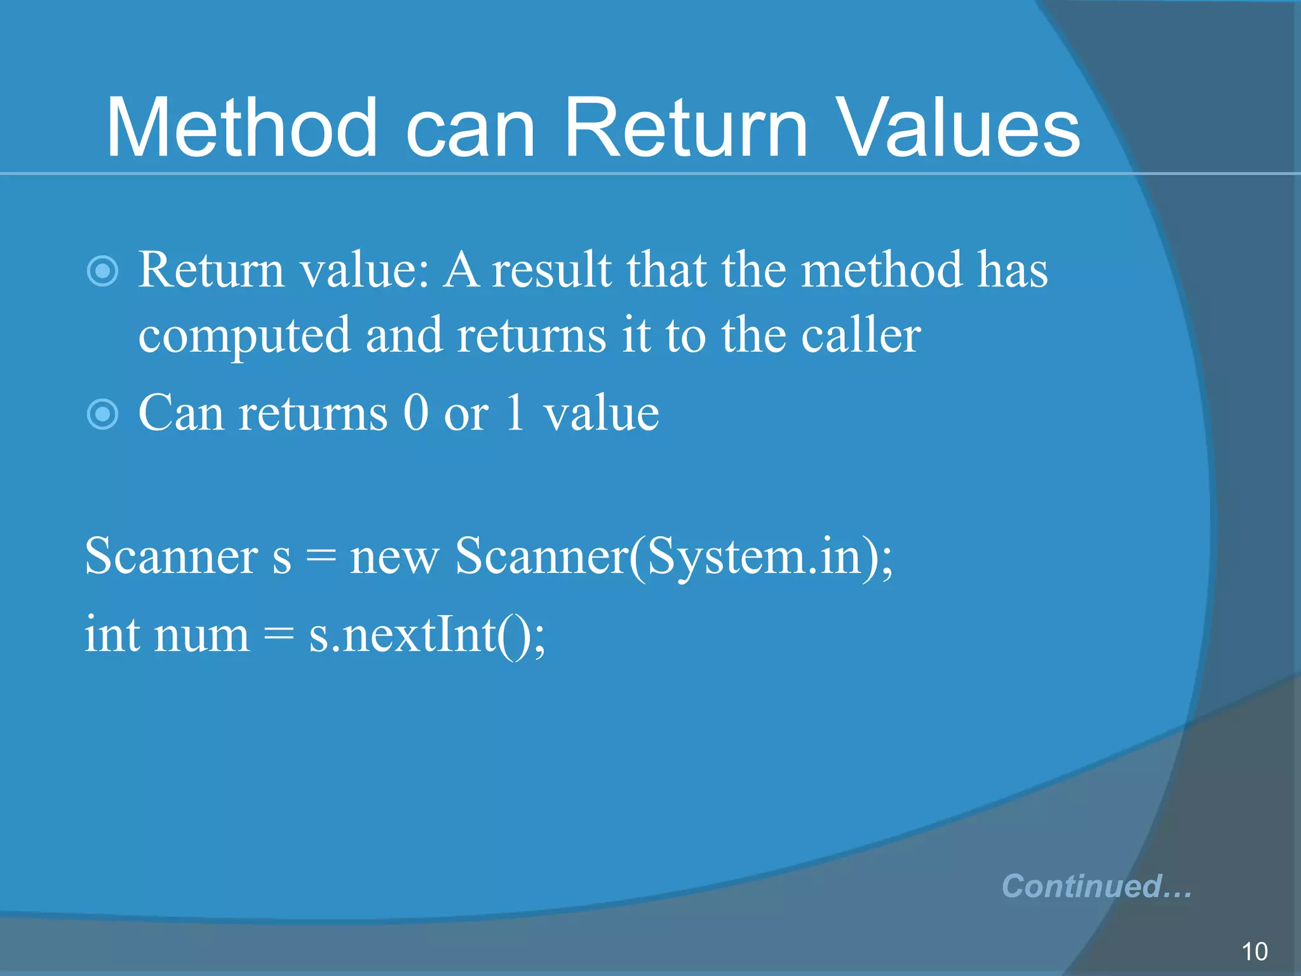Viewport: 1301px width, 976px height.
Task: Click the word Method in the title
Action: (x=242, y=128)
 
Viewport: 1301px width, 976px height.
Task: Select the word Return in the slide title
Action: (x=686, y=128)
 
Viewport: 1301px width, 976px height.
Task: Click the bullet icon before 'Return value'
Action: (x=102, y=272)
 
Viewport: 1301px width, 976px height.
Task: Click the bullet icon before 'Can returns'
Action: (x=102, y=415)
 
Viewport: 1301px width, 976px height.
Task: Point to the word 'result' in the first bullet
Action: (x=551, y=270)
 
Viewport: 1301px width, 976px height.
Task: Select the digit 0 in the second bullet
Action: (x=416, y=413)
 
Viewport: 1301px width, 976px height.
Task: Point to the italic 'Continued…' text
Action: (x=1096, y=886)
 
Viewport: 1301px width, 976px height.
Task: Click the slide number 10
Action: (x=1254, y=951)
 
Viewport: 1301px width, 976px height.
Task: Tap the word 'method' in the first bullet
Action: (x=882, y=270)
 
